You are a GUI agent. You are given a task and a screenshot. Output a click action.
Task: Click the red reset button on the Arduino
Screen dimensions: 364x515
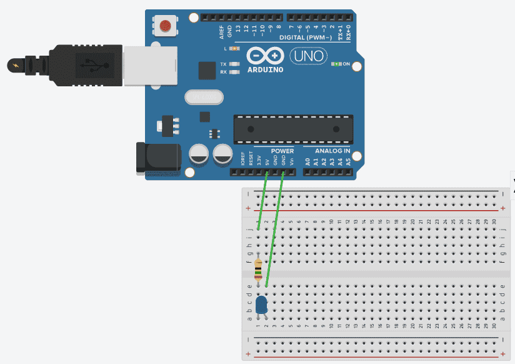165,26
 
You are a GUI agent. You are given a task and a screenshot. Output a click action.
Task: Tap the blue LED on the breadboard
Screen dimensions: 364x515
262,305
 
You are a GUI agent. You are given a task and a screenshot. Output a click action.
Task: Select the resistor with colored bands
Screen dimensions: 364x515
259,270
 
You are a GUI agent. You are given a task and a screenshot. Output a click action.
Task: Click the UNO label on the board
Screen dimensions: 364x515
307,56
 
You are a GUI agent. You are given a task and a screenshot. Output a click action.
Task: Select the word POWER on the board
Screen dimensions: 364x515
282,151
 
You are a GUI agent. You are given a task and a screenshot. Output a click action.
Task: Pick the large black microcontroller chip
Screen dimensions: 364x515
293,129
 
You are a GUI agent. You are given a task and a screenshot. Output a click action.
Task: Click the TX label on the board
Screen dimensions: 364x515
223,64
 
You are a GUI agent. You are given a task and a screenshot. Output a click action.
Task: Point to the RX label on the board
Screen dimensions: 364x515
223,72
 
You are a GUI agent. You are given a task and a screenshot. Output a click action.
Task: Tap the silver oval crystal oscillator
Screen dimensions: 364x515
204,97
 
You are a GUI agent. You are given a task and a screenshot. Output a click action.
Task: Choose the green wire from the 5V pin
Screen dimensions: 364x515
262,200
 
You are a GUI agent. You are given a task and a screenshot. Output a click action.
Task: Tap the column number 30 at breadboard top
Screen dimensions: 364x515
494,221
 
